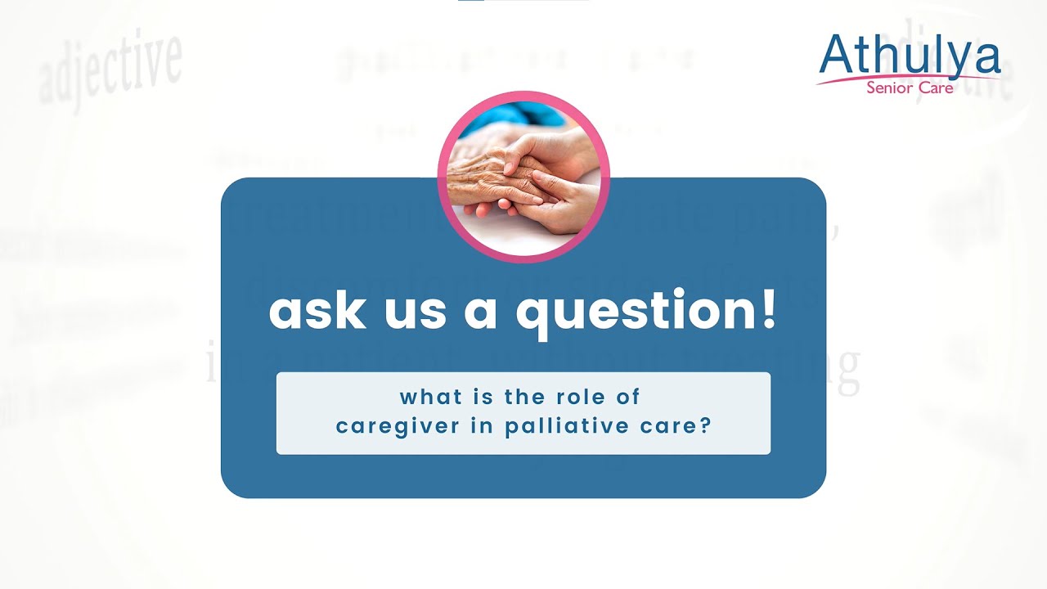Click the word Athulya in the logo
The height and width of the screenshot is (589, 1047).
910,56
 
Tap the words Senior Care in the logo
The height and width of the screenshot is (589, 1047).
910,88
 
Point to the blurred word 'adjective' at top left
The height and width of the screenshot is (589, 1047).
110,70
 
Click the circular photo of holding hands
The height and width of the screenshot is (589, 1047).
523,177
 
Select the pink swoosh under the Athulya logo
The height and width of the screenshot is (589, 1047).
851,81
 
